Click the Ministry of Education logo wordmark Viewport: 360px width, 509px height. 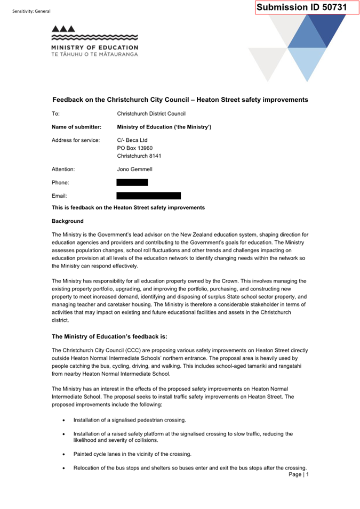(x=94, y=50)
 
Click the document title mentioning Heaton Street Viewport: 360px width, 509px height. (x=180, y=100)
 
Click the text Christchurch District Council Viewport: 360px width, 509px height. (x=151, y=114)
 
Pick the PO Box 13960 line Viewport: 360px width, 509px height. (x=134, y=148)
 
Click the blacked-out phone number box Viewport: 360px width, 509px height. (x=132, y=182)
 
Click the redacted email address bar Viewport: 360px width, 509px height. (x=148, y=196)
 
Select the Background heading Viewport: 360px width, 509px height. (x=67, y=221)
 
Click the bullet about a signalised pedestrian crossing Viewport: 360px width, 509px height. (x=130, y=420)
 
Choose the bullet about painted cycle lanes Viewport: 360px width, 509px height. (x=132, y=454)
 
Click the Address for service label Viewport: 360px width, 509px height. (x=75, y=140)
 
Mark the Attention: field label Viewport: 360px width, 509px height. (x=63, y=169)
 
